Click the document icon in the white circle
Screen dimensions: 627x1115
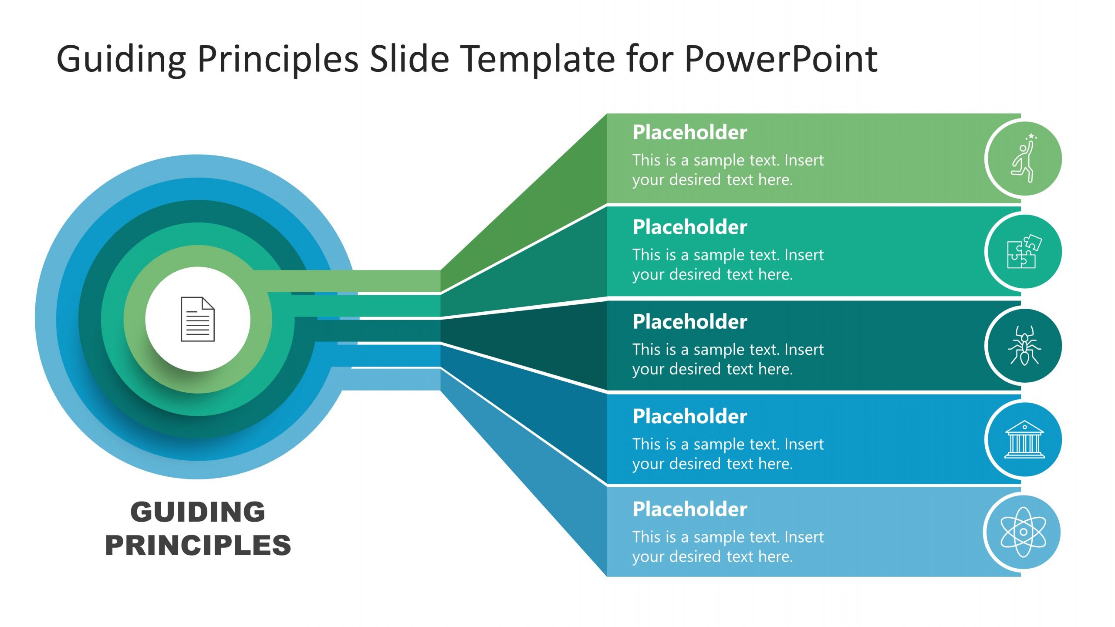point(198,319)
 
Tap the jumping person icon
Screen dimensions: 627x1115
point(1024,159)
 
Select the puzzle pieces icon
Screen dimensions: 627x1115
point(1024,252)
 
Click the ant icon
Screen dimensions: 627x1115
point(1024,346)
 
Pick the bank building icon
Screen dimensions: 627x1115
point(1024,439)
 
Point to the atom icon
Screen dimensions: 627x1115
point(1023,532)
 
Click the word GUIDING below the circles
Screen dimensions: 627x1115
point(198,512)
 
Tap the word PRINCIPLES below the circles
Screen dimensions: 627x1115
point(198,545)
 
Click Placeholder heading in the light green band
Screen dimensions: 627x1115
point(689,132)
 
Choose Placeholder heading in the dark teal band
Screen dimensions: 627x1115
point(689,322)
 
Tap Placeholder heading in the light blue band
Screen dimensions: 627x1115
point(689,509)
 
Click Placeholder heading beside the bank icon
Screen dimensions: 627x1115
point(689,416)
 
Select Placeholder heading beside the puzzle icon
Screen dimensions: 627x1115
point(689,227)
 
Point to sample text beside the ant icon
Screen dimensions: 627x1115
point(727,359)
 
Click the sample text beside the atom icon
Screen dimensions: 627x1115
point(727,546)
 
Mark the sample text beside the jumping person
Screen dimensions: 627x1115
point(727,170)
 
